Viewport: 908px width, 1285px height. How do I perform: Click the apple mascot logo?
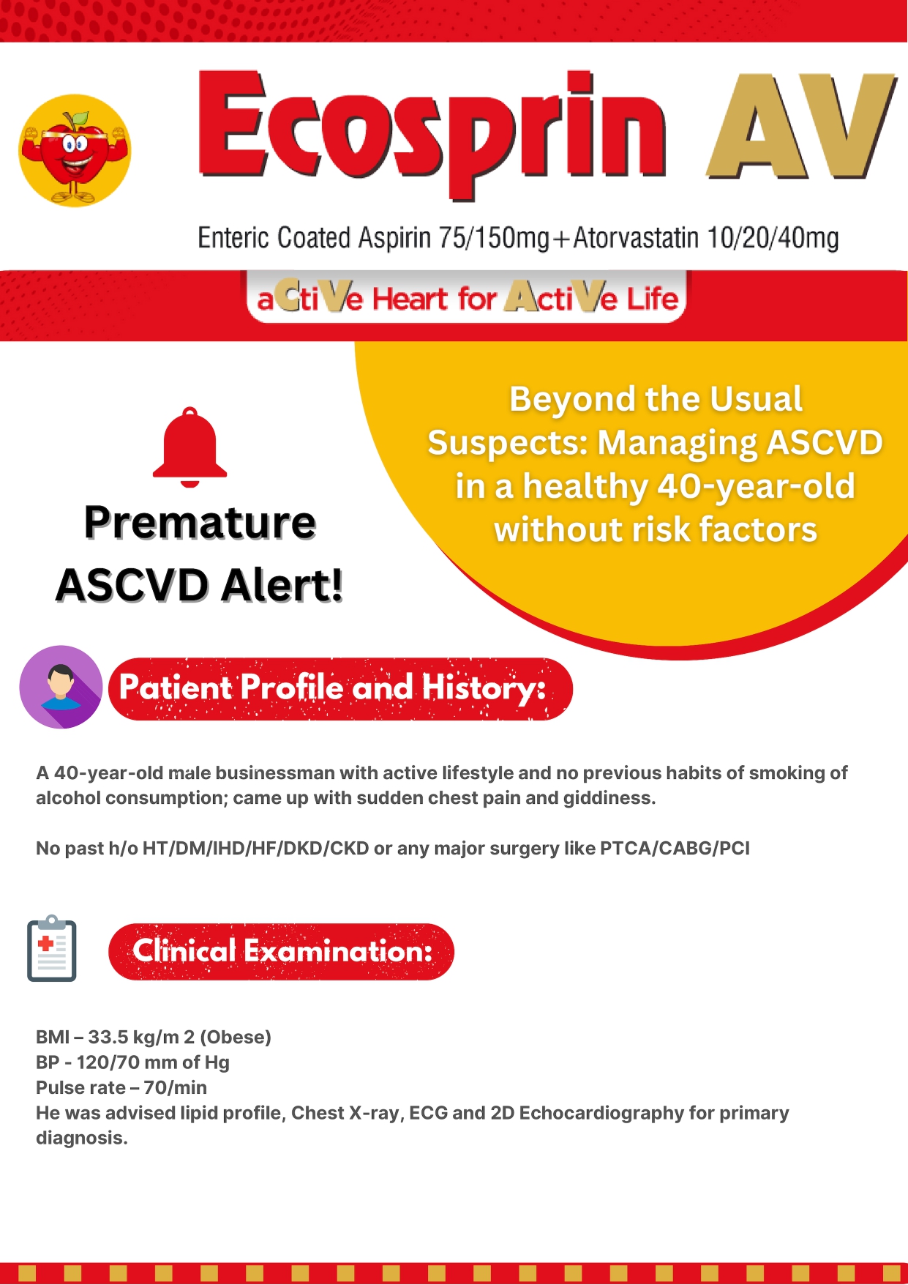[x=75, y=150]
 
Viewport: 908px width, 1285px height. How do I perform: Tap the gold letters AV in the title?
[x=801, y=126]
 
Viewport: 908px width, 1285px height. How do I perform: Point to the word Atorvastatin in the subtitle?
[x=636, y=238]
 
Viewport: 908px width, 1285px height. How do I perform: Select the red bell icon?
[x=190, y=447]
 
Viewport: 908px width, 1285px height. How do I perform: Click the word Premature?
[x=200, y=523]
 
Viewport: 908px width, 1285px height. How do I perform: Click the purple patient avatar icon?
[x=61, y=687]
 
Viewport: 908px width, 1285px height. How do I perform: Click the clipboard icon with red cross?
[x=52, y=948]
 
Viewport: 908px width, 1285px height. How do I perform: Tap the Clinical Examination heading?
[x=282, y=952]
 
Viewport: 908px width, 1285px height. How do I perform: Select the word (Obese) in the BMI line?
[x=236, y=1038]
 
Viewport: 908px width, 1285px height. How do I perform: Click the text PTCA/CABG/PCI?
[x=675, y=849]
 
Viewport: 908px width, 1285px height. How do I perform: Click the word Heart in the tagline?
[x=410, y=299]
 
